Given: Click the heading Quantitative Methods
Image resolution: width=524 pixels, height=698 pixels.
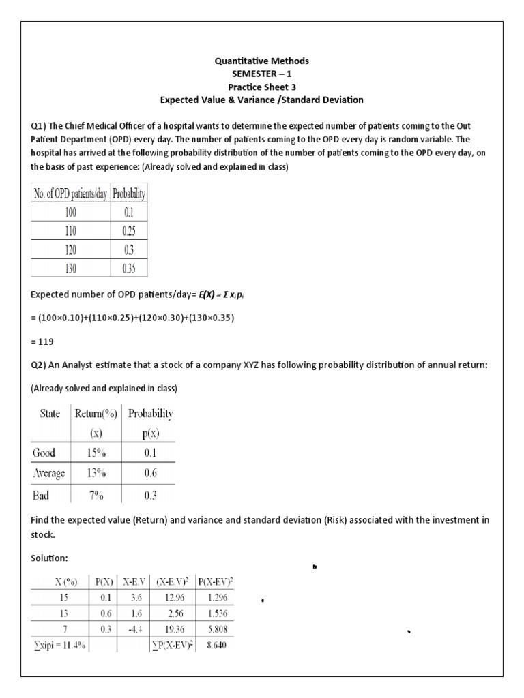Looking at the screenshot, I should click(262, 61).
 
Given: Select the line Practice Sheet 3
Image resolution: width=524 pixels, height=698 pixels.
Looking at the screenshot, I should click(262, 87).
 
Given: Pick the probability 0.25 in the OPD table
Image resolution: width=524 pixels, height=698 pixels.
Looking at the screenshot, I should click(130, 231).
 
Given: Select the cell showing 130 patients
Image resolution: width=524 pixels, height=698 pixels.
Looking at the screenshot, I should click(71, 269).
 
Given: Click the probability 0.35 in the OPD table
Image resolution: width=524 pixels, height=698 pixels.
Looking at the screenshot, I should click(130, 269).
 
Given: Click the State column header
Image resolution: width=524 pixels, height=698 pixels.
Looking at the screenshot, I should click(49, 413).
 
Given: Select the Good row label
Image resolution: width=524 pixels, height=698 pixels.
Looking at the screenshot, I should click(45, 453).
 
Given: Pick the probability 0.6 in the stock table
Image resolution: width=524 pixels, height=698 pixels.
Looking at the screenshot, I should click(148, 473).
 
